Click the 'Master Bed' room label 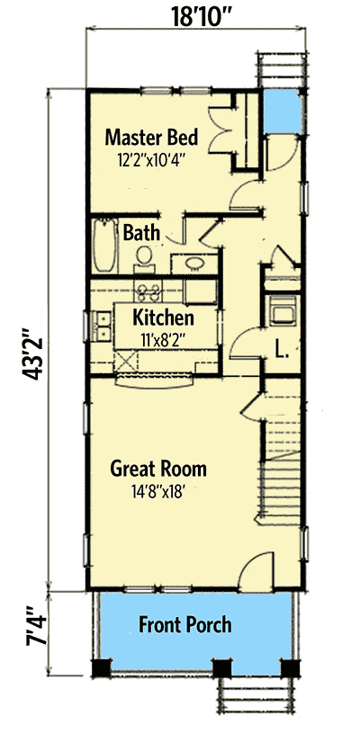pyautogui.click(x=151, y=138)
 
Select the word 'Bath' pyautogui.click(x=142, y=233)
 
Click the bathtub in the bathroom pyautogui.click(x=103, y=247)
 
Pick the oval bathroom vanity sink pyautogui.click(x=193, y=263)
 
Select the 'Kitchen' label pyautogui.click(x=163, y=318)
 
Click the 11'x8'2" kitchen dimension pyautogui.click(x=163, y=338)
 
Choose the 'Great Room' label pyautogui.click(x=158, y=469)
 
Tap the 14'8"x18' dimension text pyautogui.click(x=158, y=492)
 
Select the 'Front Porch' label pyautogui.click(x=184, y=624)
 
